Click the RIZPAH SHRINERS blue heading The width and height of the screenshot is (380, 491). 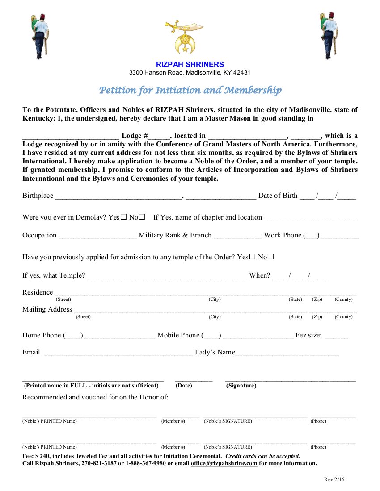tap(190, 64)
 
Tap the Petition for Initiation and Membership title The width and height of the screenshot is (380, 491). tap(190, 91)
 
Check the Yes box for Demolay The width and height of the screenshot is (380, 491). tap(124, 217)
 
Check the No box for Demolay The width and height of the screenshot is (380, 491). tap(142, 217)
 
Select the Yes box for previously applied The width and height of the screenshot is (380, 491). tap(253, 257)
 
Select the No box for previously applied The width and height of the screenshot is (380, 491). tap(270, 257)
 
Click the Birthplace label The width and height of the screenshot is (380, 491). tap(38, 196)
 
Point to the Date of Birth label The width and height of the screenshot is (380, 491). tap(278, 196)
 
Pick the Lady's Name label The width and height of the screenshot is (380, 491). tap(215, 352)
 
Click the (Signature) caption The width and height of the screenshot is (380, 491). tap(241, 386)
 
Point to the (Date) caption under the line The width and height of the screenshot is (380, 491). tap(184, 386)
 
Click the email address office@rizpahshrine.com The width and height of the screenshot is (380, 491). tap(224, 463)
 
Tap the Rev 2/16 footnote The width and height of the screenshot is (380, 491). tap(334, 480)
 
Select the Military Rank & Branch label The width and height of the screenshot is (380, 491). tap(175, 235)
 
